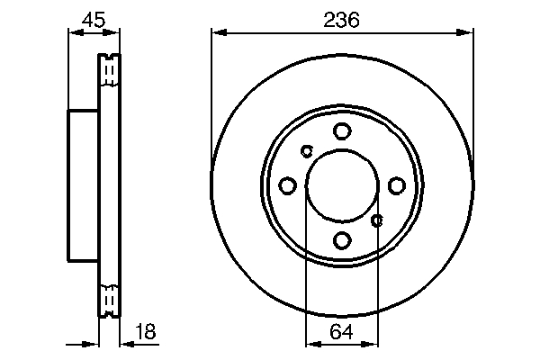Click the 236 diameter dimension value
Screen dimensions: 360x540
pos(341,20)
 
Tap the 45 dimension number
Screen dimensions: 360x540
pos(92,20)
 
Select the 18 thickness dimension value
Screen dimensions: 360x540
pos(145,332)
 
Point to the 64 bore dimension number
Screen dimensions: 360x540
pos(342,332)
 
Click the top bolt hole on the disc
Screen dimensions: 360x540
pos(342,131)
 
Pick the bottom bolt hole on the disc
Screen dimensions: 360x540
pos(342,240)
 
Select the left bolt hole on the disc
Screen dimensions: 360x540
pos(288,185)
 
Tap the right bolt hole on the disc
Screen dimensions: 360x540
pos(396,185)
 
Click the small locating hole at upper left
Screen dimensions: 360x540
pos(306,150)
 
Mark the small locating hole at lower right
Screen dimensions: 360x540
pos(378,219)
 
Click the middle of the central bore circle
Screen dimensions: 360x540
pos(342,185)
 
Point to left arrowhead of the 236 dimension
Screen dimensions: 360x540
pos(217,33)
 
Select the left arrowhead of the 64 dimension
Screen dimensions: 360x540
pos(311,343)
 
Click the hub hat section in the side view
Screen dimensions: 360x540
pos(83,185)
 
